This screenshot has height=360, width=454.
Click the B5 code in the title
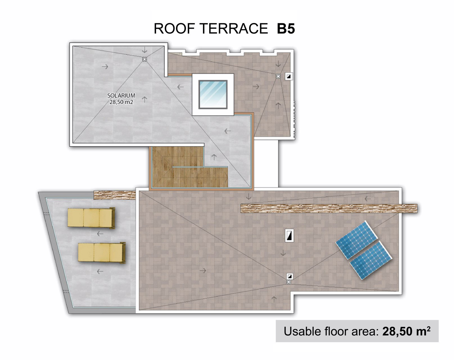tap(286, 29)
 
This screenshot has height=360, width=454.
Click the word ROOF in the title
tap(174, 29)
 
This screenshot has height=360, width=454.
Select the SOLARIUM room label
tap(121, 96)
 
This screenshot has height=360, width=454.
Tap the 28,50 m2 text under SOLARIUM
tap(121, 102)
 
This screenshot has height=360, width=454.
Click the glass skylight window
tap(213, 94)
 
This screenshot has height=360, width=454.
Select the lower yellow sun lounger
tap(102, 253)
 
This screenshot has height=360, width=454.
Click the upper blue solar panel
tap(356, 240)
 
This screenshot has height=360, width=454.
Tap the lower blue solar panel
tap(371, 260)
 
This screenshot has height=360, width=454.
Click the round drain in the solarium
tap(144, 59)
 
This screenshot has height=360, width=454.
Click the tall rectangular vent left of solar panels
tap(289, 235)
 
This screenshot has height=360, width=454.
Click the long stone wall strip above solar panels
tap(329, 208)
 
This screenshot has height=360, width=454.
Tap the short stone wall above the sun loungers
tap(115, 195)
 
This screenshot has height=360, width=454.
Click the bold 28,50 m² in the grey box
tap(406, 331)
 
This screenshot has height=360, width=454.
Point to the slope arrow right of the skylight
tap(256, 86)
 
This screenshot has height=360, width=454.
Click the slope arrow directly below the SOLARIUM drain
tap(144, 99)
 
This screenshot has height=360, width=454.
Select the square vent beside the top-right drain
tap(289, 76)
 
